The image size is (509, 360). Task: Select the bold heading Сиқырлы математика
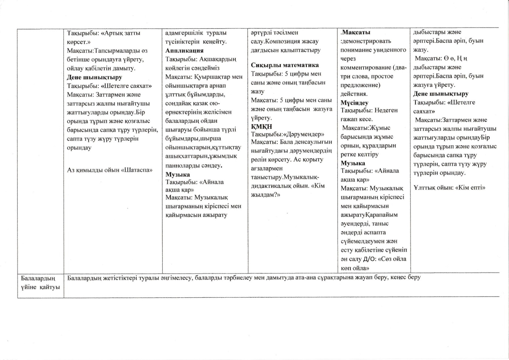point(285,65)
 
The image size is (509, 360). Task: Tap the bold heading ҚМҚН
point(262,126)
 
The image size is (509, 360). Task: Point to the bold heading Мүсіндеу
point(354,103)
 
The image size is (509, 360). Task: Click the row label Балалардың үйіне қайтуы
point(40,282)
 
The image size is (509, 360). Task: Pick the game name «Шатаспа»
point(137,170)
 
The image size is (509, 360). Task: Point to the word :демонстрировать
point(366,41)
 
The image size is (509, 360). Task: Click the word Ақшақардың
point(218,59)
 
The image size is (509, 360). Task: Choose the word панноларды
point(183,165)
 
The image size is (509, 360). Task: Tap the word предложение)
point(358,85)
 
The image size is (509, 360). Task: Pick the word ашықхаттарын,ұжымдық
point(203,156)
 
